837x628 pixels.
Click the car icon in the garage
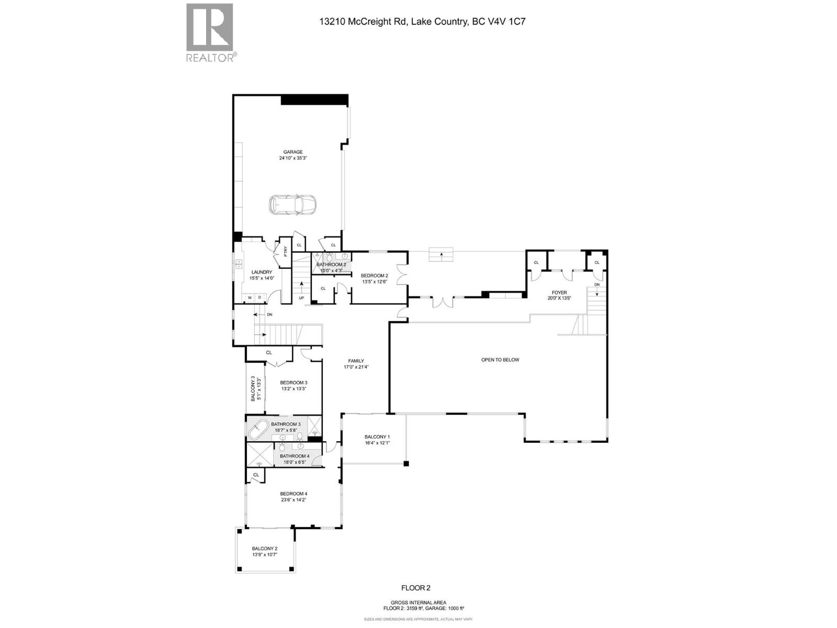[292, 205]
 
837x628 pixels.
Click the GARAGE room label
[293, 152]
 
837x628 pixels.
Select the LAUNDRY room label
[262, 272]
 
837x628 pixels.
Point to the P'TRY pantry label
[286, 252]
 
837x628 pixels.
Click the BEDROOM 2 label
[375, 276]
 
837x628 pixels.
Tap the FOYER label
[559, 293]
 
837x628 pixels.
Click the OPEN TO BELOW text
[500, 360]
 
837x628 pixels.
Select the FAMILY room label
[356, 361]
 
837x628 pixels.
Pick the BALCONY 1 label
[377, 437]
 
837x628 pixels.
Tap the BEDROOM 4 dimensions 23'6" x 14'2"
[293, 500]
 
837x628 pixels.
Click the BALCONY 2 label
[265, 548]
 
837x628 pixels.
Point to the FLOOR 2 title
[416, 588]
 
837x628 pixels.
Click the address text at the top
[418, 22]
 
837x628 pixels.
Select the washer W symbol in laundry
[250, 298]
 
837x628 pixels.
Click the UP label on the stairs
[301, 298]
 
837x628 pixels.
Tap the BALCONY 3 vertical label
[253, 388]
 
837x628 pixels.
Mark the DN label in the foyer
[597, 285]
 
